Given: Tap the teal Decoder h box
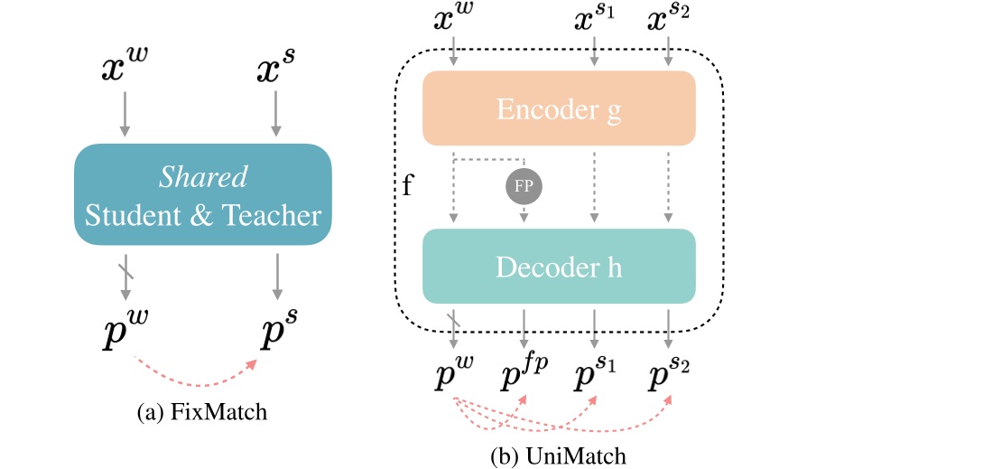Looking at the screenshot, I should pos(559,267).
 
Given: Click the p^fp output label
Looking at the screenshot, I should pos(524,377).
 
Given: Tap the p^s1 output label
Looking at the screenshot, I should pos(595,378).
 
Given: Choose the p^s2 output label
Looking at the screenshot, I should pos(670,378).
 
